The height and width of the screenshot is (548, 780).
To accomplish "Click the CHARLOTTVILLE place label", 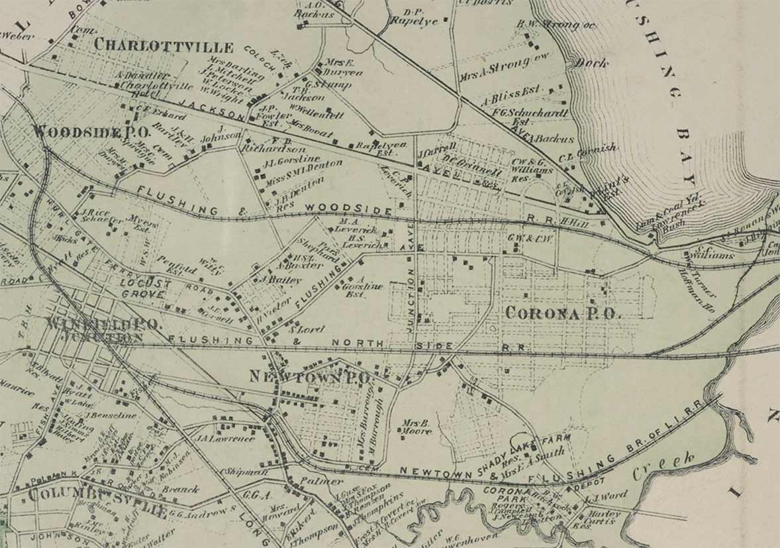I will (x=164, y=46).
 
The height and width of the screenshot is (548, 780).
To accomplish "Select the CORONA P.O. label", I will (x=563, y=313).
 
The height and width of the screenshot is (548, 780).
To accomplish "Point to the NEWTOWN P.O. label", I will (x=308, y=376).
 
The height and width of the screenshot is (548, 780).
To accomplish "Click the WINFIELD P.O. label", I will (x=103, y=325).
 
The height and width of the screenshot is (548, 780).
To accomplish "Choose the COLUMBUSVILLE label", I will (x=97, y=510).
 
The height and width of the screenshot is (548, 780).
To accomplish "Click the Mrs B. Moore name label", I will (x=416, y=426).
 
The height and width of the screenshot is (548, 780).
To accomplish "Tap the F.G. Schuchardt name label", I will (x=530, y=113).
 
